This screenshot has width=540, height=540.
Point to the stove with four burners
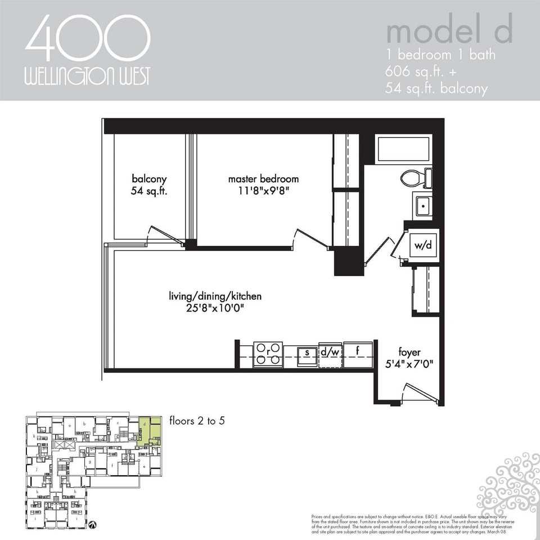[x=268, y=354]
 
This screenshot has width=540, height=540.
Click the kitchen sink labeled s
[x=307, y=353]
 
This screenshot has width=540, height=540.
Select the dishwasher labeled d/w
[x=330, y=353]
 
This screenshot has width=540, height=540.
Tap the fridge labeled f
[x=358, y=353]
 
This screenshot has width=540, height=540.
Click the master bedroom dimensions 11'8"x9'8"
[x=263, y=191]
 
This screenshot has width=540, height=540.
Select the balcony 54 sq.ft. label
[x=150, y=185]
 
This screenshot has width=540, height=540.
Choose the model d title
[x=448, y=32]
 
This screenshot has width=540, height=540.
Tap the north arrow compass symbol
[x=92, y=523]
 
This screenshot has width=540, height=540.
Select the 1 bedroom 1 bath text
[x=440, y=56]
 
